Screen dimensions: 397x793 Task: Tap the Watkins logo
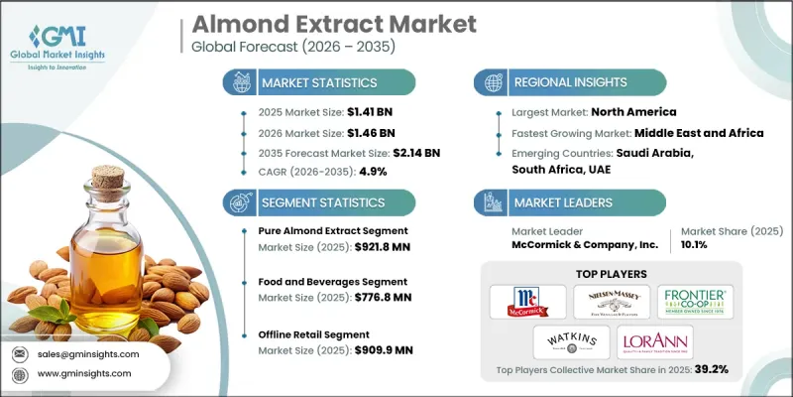[569, 342]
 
